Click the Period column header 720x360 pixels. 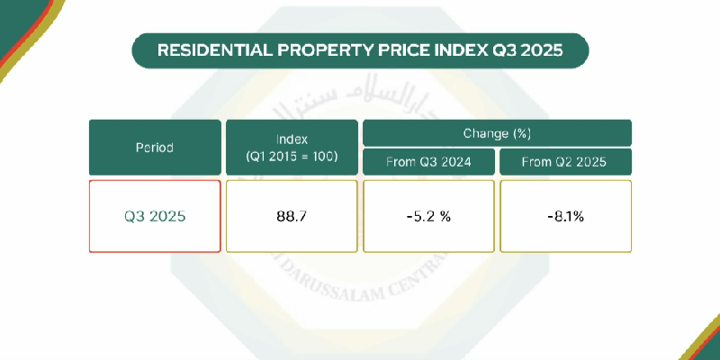tap(154, 148)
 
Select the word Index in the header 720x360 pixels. tap(292, 139)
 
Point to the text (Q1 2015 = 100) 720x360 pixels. tap(292, 157)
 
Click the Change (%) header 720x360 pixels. tap(497, 133)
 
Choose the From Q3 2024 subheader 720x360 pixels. tap(428, 163)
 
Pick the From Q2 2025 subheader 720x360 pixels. tap(565, 163)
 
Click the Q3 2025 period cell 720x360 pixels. tap(154, 217)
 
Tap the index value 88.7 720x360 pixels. tap(292, 217)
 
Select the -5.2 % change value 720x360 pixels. tap(428, 217)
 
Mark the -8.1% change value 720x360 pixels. tap(565, 217)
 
